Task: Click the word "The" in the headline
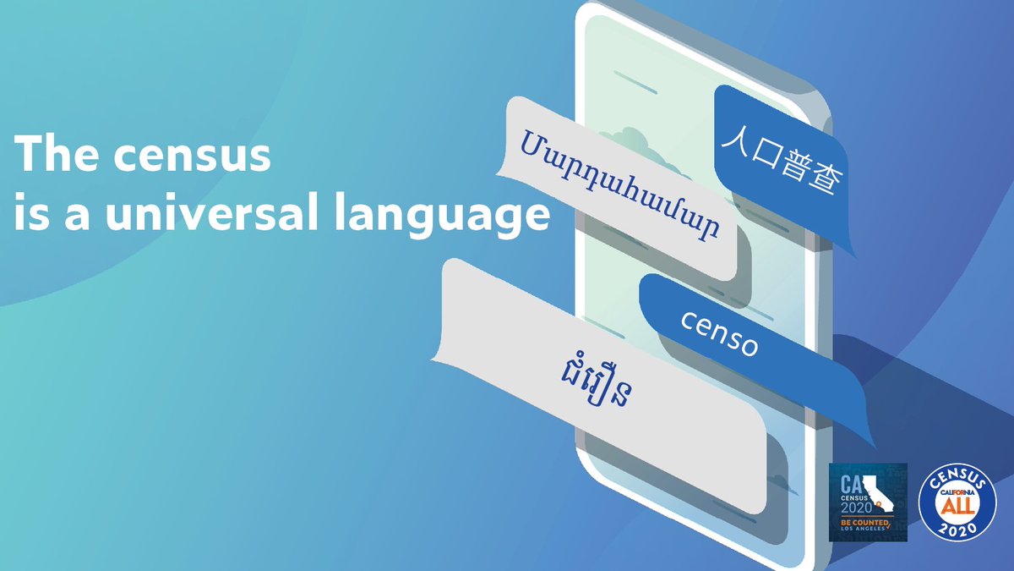pos(50,156)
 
